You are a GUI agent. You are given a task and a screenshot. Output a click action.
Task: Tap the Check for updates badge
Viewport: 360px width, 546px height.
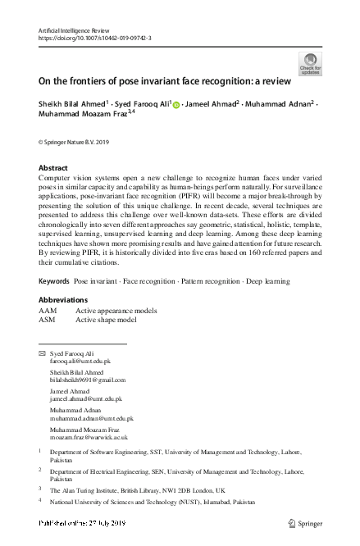[x=311, y=64]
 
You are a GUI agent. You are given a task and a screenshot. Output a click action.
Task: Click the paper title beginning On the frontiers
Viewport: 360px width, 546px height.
[x=157, y=82]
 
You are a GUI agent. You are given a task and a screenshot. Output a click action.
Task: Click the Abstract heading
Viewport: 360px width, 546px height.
[x=53, y=167]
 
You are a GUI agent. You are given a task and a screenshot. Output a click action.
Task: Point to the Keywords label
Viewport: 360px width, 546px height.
[x=54, y=281]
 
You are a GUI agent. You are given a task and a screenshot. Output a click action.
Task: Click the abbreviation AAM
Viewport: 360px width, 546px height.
[x=48, y=312]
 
